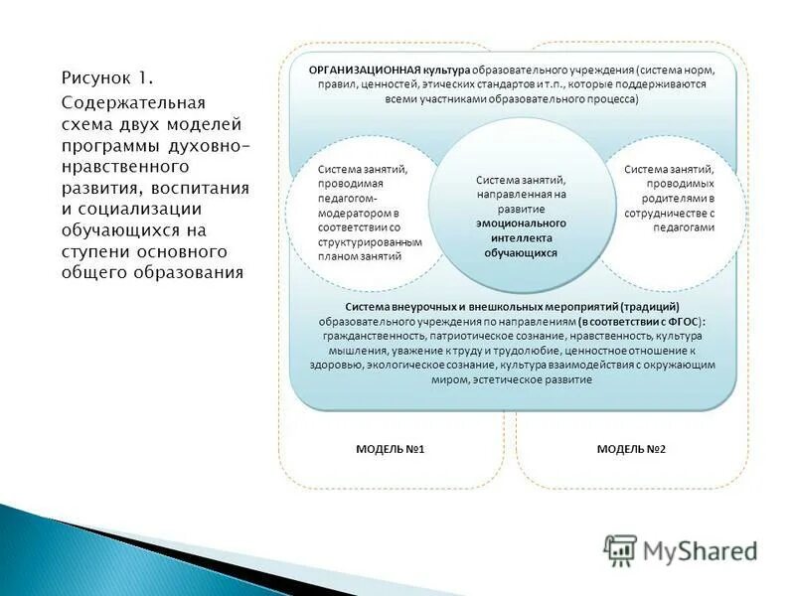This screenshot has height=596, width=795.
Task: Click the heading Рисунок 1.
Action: [107, 77]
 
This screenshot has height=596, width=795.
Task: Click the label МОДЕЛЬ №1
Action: [390, 450]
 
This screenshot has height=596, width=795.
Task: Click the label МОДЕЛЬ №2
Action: [631, 450]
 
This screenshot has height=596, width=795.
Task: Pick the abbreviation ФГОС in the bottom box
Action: [682, 322]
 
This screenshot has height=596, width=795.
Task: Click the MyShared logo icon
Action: [621, 548]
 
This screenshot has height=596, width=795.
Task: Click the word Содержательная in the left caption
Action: [133, 101]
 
